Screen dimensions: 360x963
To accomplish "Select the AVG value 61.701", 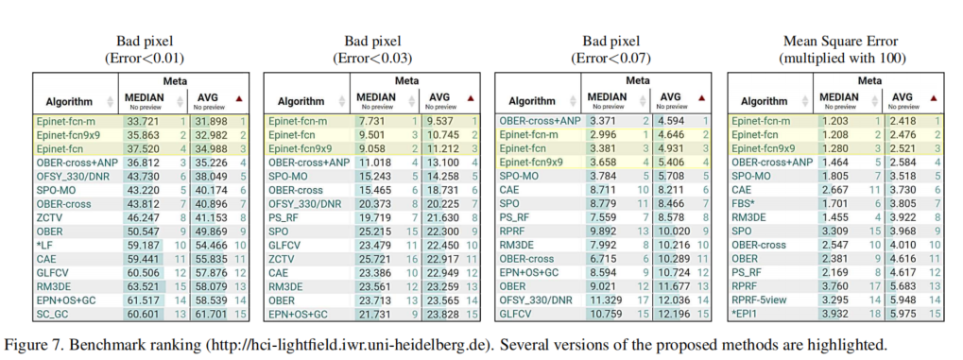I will coord(210,313).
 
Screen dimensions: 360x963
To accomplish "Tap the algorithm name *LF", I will coord(46,244).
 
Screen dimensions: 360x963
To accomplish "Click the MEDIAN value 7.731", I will coord(372,121).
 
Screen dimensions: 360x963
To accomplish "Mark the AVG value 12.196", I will coord(674,313).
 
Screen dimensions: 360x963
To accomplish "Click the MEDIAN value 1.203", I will coord(834,121).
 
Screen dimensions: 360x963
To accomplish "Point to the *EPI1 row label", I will coord(748,313).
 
